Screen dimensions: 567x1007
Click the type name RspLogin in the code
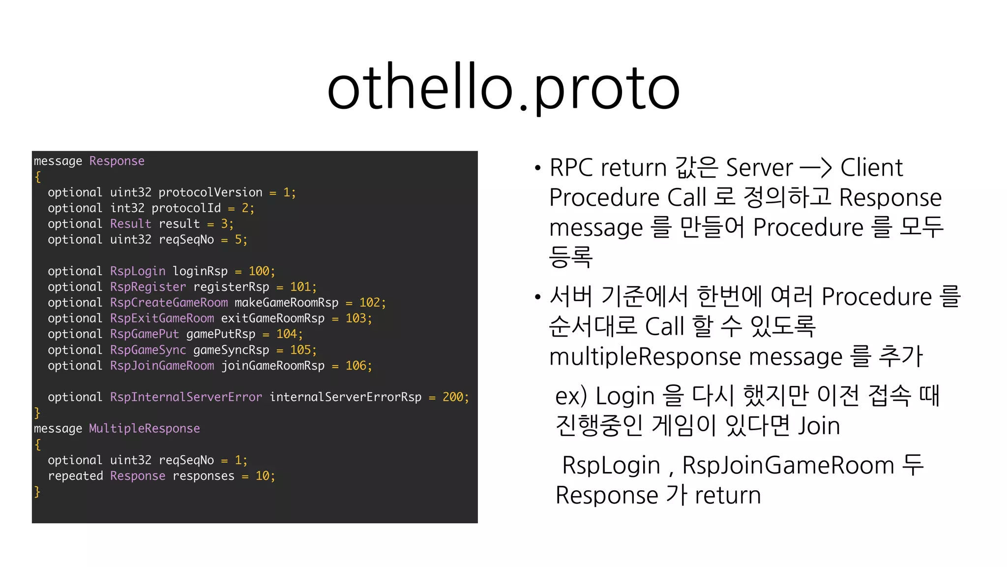138,271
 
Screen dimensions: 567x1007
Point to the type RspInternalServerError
186,397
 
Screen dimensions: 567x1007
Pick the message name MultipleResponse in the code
144,429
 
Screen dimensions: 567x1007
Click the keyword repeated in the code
75,476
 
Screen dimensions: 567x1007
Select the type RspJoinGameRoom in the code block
162,366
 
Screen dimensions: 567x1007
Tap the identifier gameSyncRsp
231,350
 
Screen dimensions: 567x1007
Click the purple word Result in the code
130,224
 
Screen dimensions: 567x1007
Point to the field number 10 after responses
262,476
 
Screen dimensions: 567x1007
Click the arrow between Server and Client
816,168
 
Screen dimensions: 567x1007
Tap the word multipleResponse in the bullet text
645,357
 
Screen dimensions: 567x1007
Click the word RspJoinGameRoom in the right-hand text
788,466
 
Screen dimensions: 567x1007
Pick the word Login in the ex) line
625,396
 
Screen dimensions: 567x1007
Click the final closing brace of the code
37,491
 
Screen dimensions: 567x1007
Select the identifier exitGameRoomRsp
272,318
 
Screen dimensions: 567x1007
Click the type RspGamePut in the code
144,334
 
